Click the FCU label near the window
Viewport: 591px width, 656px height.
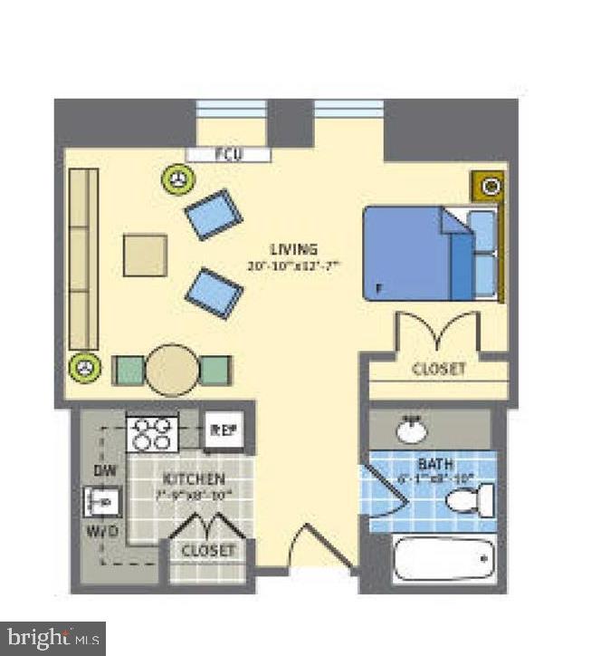(x=228, y=154)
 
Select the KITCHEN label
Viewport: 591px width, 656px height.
(x=194, y=478)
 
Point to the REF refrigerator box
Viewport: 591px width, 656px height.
(x=223, y=430)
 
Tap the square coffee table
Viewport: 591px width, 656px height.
(x=146, y=256)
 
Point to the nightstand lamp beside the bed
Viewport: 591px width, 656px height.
(x=490, y=188)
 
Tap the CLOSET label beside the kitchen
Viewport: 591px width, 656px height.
(x=207, y=550)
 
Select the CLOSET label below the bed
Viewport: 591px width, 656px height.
(x=438, y=370)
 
